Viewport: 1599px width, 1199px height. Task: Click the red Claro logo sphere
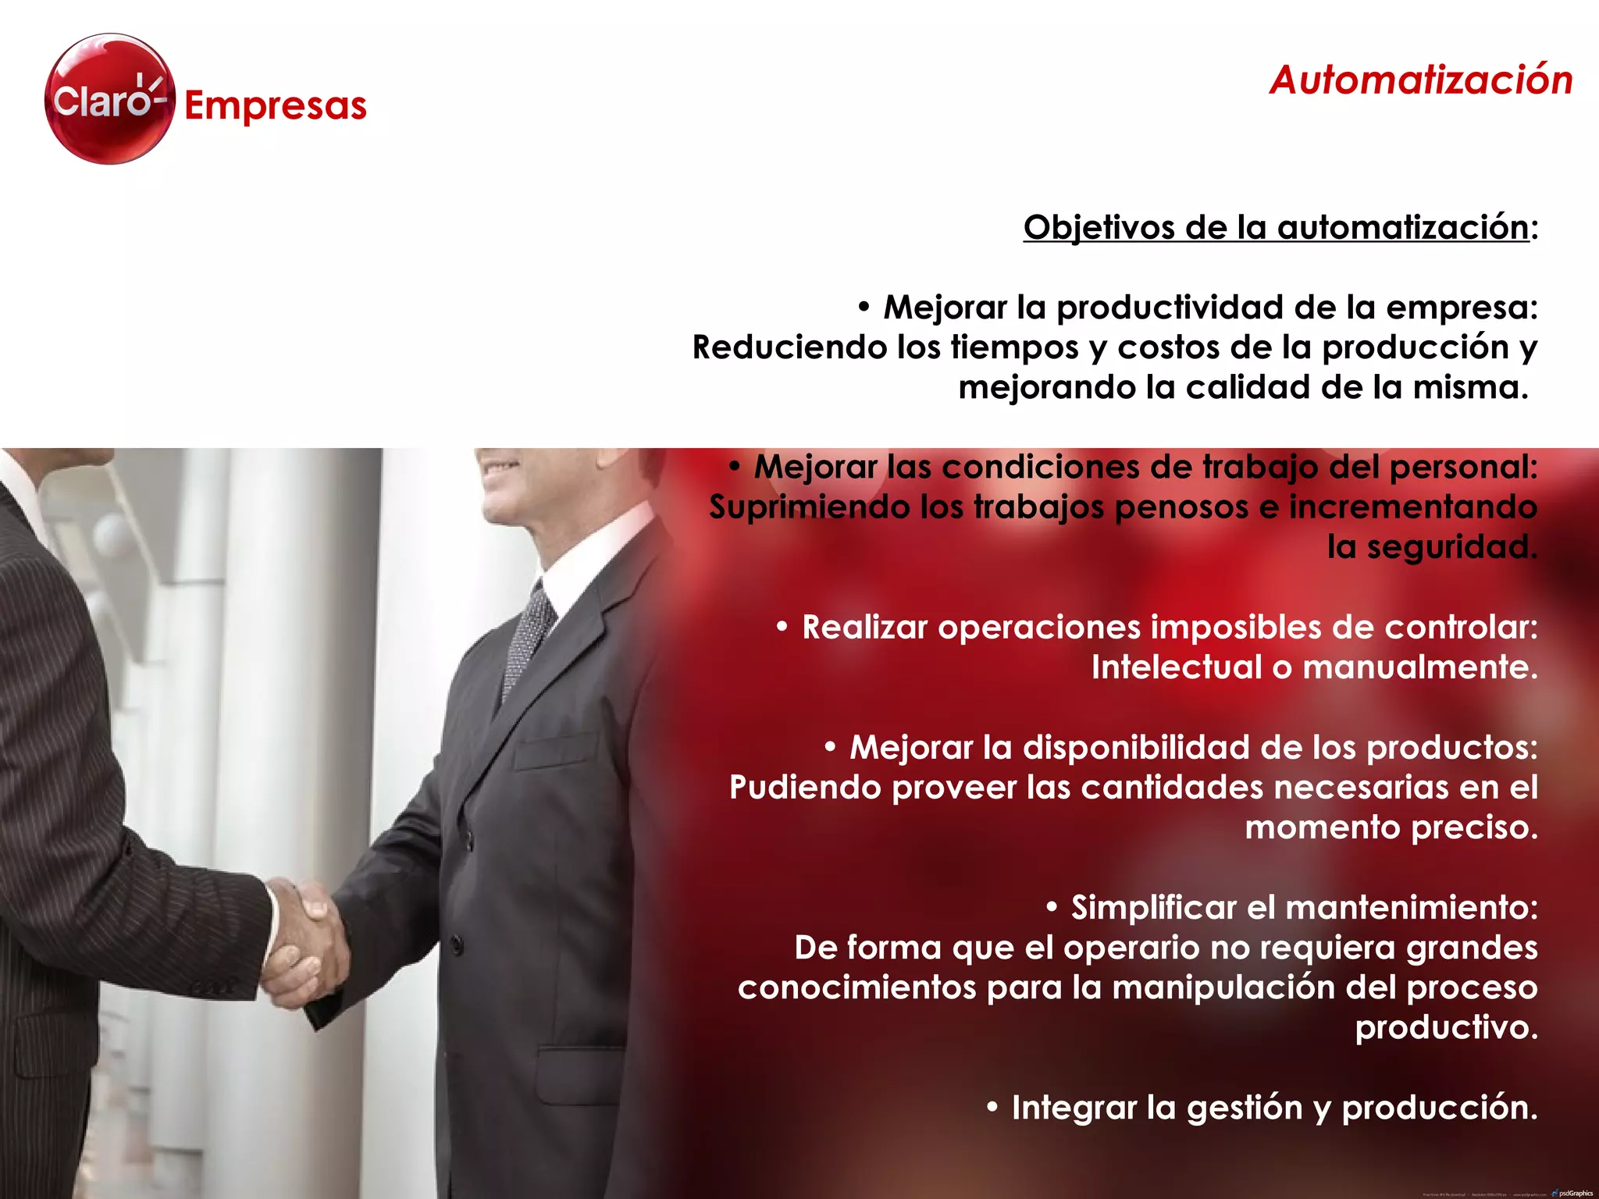(109, 99)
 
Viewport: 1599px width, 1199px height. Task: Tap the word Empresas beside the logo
(275, 106)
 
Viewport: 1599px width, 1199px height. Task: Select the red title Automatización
(1420, 80)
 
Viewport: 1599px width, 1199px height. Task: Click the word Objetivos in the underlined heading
(1099, 228)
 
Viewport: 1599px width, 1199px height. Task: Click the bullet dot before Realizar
(782, 627)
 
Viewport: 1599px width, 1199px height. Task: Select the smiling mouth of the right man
(499, 468)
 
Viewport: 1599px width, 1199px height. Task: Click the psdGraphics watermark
(1575, 1193)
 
